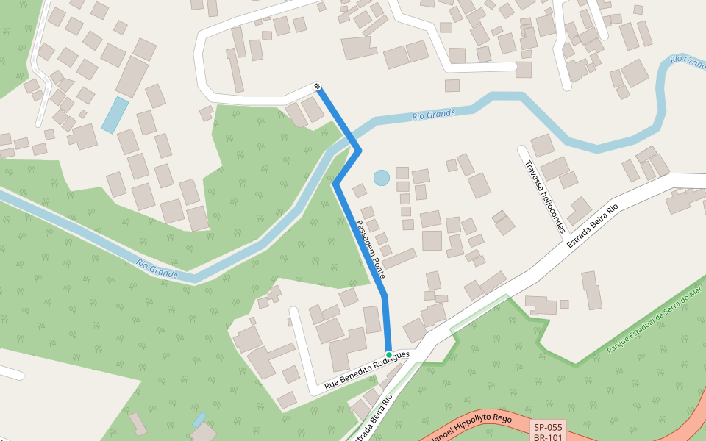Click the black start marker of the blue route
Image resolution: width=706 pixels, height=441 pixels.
click(x=318, y=87)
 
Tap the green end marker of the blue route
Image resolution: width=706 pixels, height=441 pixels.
click(x=388, y=355)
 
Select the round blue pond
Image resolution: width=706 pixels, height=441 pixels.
click(x=381, y=177)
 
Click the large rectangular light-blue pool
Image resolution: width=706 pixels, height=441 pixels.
click(x=115, y=115)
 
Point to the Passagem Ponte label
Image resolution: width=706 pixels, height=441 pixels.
click(x=371, y=248)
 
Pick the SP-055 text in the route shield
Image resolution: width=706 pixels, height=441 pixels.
click(x=548, y=427)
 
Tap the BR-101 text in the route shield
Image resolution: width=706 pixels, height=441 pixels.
click(x=548, y=437)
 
